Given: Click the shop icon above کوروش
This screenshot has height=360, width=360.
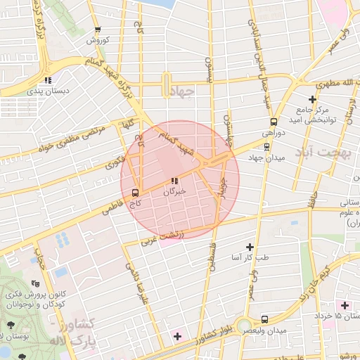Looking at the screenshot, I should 97,30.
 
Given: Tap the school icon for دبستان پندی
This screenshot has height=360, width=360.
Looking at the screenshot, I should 47,80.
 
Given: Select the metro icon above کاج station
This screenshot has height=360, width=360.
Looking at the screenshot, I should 135,191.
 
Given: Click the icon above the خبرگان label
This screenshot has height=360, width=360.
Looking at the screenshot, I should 174,181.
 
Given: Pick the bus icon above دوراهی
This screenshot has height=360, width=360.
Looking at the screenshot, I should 274,120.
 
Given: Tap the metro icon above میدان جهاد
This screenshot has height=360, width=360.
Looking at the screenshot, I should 266,146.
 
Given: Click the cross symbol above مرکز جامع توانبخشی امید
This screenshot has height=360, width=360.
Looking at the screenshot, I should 312,99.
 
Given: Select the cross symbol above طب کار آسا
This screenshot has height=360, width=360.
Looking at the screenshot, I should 250,246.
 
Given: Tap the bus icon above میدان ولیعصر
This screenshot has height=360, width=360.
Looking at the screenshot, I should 264,319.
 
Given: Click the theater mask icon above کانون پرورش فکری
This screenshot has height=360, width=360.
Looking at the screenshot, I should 36,283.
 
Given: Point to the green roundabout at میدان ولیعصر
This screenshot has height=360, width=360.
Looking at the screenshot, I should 244,326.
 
